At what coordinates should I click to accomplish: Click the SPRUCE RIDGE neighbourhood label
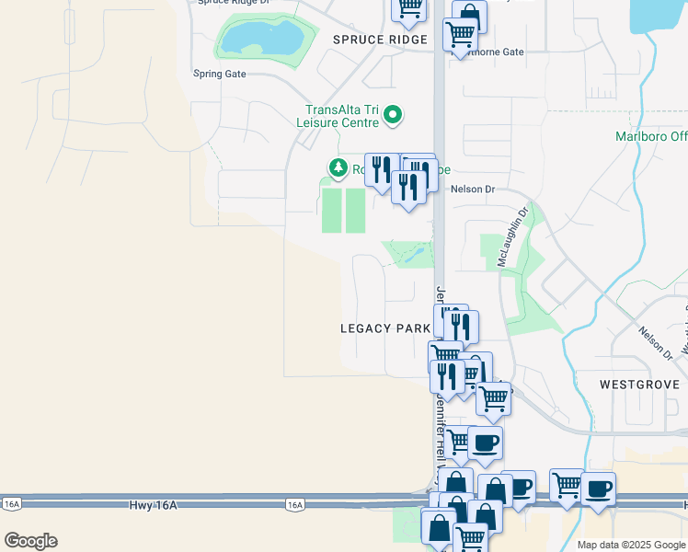coord(380,40)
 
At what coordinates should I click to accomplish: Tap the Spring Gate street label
coord(219,74)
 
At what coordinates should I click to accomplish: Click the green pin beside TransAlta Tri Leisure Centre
coord(393,115)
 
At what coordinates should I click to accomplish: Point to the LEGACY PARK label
coord(385,328)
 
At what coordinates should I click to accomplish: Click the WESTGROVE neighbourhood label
coord(639,384)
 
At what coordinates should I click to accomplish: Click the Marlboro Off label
coord(651,137)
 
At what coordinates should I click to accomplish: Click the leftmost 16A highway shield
coord(12,504)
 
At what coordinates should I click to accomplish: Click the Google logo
coord(30,541)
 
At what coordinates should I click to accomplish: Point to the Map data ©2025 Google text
coord(630,545)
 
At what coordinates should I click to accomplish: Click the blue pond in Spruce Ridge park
coord(261,39)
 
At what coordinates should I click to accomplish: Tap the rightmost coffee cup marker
coord(599,489)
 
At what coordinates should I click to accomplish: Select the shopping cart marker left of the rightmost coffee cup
coord(567,485)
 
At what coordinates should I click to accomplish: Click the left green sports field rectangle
coord(330,210)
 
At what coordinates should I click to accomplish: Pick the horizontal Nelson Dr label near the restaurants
coord(473,190)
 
